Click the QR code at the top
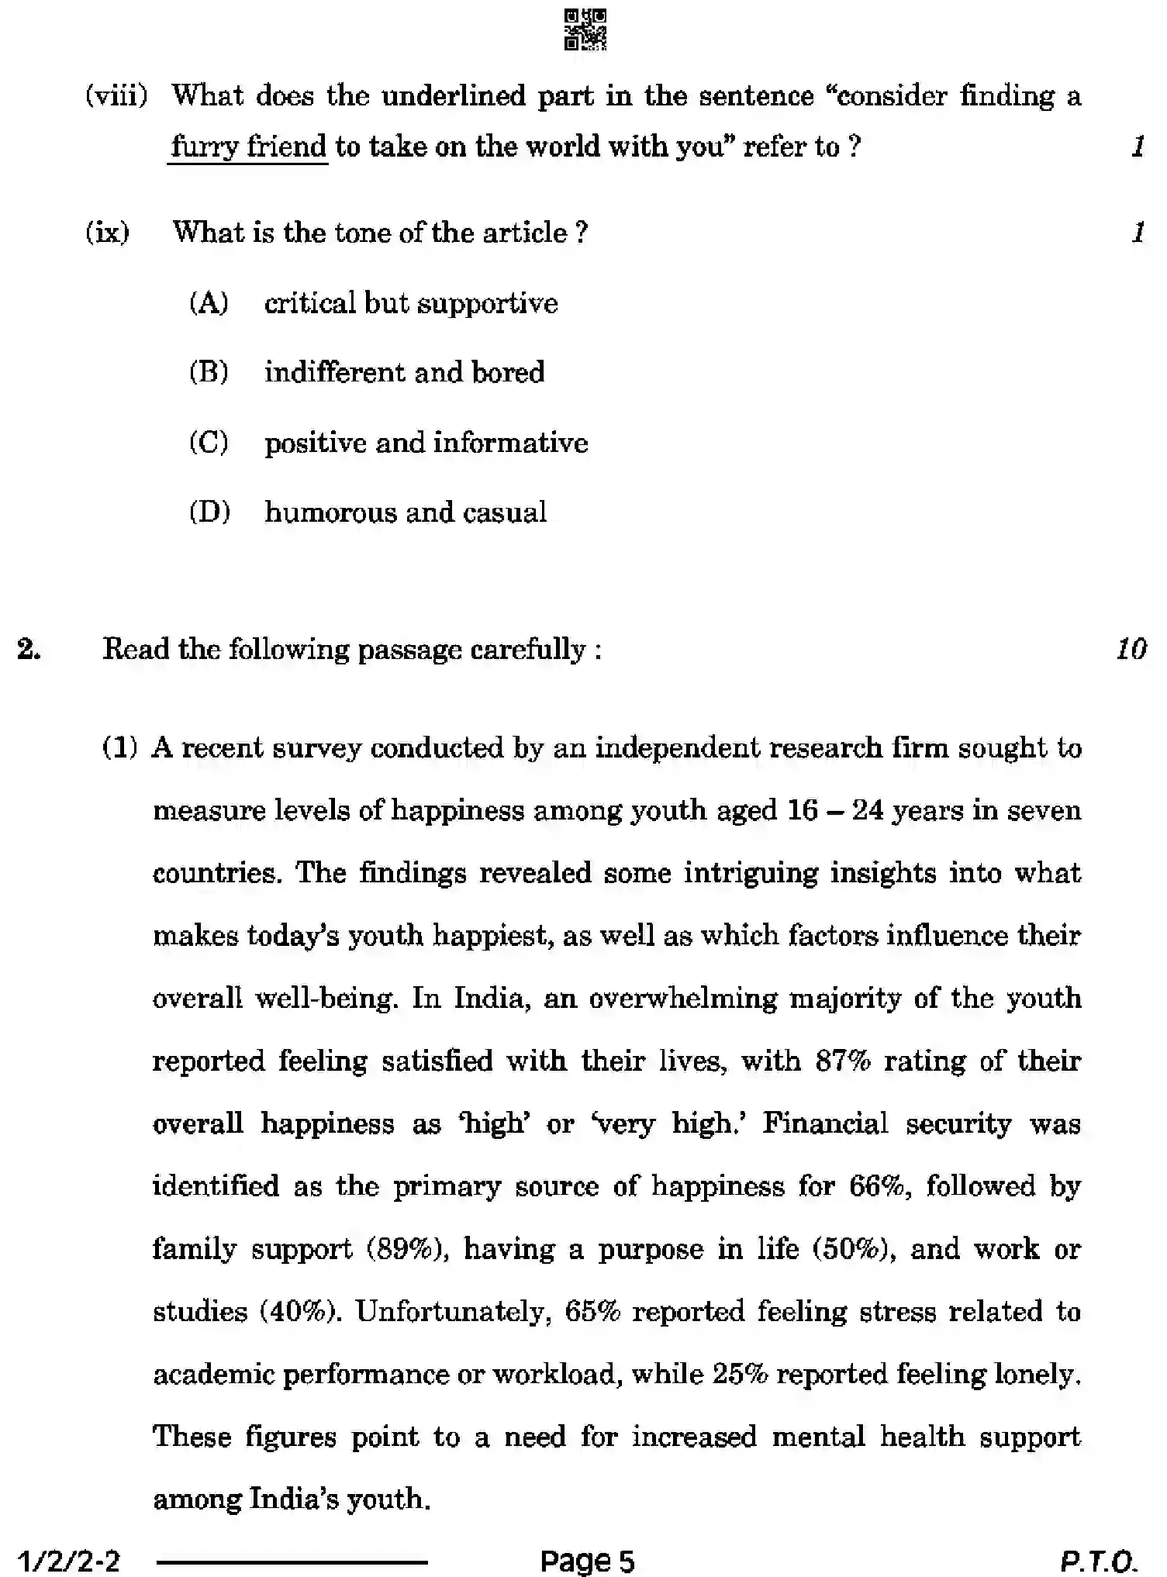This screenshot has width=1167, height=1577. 585,29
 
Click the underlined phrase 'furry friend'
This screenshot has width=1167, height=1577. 248,147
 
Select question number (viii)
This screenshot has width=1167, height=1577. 116,96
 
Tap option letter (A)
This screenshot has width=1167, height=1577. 209,303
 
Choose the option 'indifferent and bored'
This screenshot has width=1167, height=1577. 404,373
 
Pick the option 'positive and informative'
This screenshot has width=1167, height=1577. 426,443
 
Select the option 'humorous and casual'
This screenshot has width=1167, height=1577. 406,512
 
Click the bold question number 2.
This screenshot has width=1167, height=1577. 29,648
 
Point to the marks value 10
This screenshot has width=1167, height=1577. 1131,648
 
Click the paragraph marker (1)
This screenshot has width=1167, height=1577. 120,748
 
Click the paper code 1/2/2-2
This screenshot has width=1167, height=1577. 69,1560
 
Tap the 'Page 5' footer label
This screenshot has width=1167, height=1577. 587,1560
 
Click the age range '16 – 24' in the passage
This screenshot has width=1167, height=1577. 835,811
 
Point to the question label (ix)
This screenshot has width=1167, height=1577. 108,233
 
